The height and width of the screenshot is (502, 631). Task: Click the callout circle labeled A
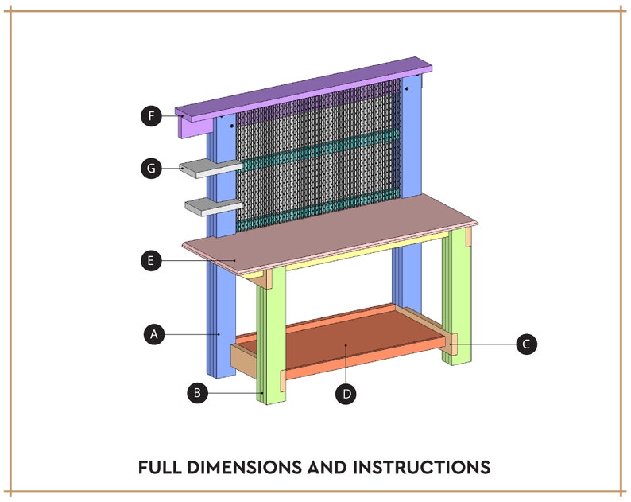155,335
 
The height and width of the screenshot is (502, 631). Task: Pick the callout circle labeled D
346,392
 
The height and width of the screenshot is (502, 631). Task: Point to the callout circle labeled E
149,260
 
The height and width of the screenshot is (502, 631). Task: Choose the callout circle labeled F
150,116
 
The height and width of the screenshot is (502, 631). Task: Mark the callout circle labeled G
149,168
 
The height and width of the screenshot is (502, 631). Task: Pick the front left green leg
270,342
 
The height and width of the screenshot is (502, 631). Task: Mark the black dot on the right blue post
406,90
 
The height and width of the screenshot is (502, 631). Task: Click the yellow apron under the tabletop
358,252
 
